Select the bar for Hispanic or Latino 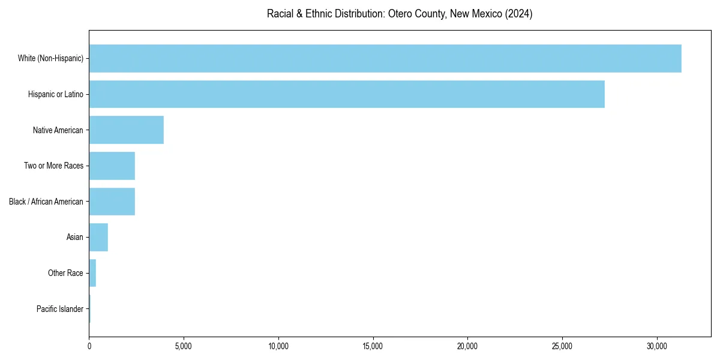pos(347,94)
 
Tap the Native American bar pos(127,130)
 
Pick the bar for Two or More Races pos(112,166)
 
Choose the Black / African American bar pos(112,202)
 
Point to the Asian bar pos(98,238)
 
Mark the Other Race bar pos(92,273)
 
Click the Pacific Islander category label pos(60,309)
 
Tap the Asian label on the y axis pos(75,238)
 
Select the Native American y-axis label pos(58,130)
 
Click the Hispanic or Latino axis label pos(56,94)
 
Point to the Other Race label pos(65,273)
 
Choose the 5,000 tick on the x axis pos(184,346)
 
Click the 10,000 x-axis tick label pos(278,346)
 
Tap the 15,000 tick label pos(373,346)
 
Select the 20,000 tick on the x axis pos(467,346)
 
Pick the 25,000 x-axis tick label pos(562,346)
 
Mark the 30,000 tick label pos(657,346)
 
